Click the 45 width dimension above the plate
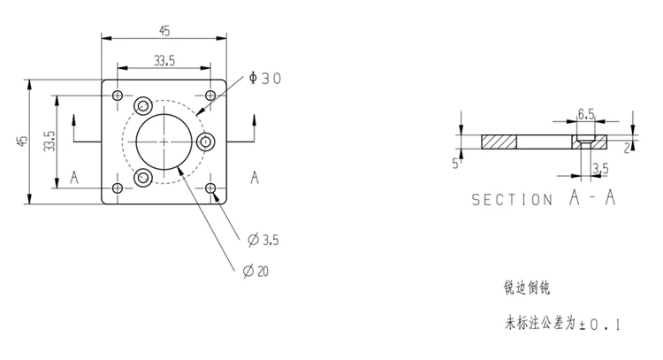(x=164, y=31)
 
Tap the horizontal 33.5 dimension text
(x=164, y=60)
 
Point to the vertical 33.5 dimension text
(x=50, y=142)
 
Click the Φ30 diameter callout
(x=265, y=79)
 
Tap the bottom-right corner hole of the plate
(x=210, y=188)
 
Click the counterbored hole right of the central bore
(x=206, y=142)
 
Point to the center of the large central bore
(x=164, y=142)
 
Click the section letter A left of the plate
(x=76, y=177)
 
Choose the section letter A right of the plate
(x=255, y=177)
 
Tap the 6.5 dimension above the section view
(x=585, y=114)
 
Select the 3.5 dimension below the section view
(x=599, y=167)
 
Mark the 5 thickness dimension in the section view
(x=455, y=164)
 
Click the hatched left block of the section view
(x=499, y=142)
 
